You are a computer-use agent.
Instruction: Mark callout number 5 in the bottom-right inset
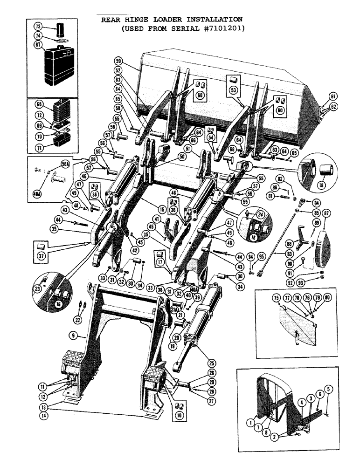click(x=328, y=388)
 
